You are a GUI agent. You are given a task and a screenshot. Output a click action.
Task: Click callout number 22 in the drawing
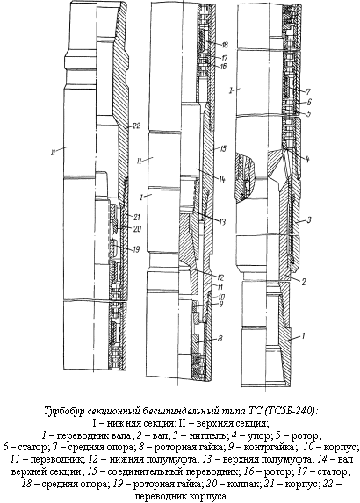136,126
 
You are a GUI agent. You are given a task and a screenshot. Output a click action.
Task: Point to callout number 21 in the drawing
137,218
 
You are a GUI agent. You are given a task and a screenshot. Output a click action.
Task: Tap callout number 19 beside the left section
136,249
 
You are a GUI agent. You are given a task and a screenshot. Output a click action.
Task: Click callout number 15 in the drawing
222,148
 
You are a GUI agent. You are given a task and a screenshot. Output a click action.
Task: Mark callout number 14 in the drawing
222,180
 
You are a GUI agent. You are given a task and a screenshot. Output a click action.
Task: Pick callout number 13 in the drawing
222,222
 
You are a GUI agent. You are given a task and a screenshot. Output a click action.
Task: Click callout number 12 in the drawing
220,277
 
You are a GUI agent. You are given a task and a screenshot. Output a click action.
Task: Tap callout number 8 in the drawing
220,338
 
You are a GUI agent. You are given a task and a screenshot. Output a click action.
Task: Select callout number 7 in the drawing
308,92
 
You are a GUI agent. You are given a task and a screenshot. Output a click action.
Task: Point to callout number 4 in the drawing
307,159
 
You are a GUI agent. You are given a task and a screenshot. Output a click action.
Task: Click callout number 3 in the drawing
309,220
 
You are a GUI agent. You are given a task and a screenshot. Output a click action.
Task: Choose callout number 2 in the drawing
304,282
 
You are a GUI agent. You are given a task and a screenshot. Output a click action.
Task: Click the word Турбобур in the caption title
64,412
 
